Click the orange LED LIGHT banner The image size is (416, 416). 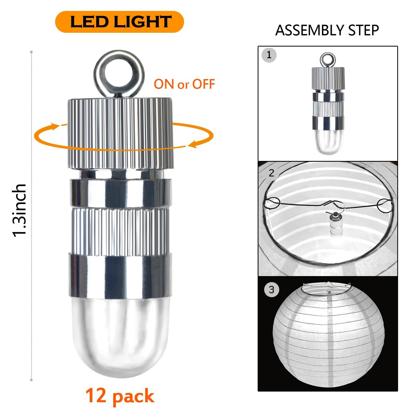[x=120, y=22]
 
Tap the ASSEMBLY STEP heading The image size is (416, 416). [x=327, y=30]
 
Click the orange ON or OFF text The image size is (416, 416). [x=184, y=84]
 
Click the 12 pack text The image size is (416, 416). [x=120, y=396]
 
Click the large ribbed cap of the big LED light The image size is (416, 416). [x=120, y=133]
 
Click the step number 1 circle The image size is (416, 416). [x=269, y=55]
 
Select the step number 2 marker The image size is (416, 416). [x=272, y=173]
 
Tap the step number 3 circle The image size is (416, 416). [x=272, y=290]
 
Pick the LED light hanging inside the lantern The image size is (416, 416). [x=335, y=224]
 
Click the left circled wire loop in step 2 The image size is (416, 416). [x=272, y=203]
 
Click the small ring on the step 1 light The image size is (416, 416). [x=328, y=60]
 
